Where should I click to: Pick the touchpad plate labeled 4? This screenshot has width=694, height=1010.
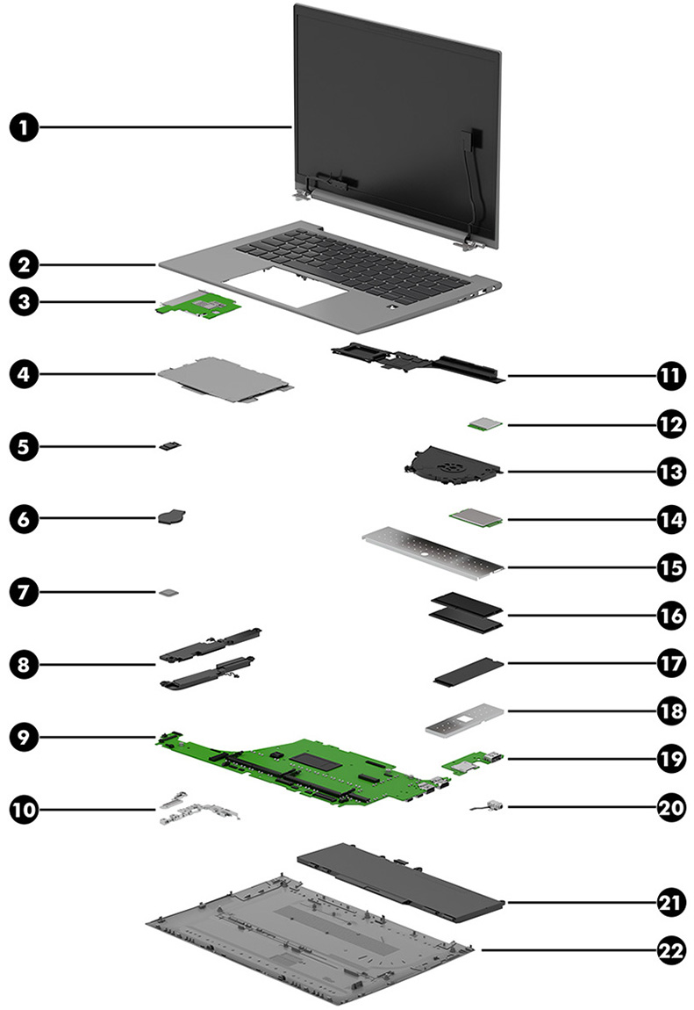point(224,380)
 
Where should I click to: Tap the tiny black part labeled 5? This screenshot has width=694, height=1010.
point(170,446)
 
